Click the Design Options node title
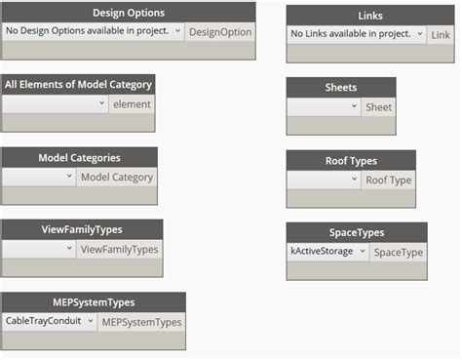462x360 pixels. point(128,13)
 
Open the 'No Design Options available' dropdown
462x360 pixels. point(93,31)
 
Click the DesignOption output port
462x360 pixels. point(220,31)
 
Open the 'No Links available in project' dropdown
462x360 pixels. point(357,34)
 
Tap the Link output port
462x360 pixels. point(440,34)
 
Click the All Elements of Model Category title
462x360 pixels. point(78,85)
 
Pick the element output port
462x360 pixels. point(131,103)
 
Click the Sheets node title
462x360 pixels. point(340,88)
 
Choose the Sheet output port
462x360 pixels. point(378,107)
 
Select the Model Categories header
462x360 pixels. point(79,158)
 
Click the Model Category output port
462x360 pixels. point(116,177)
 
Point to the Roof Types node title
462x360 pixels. point(350,161)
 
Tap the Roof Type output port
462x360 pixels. point(388,180)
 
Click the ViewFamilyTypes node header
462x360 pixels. point(82,230)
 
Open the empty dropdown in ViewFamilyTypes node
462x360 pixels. point(39,250)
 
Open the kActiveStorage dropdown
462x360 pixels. point(327,252)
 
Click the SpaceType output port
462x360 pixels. point(398,252)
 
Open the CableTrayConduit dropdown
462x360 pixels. point(49,321)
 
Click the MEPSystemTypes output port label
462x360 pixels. point(141,321)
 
